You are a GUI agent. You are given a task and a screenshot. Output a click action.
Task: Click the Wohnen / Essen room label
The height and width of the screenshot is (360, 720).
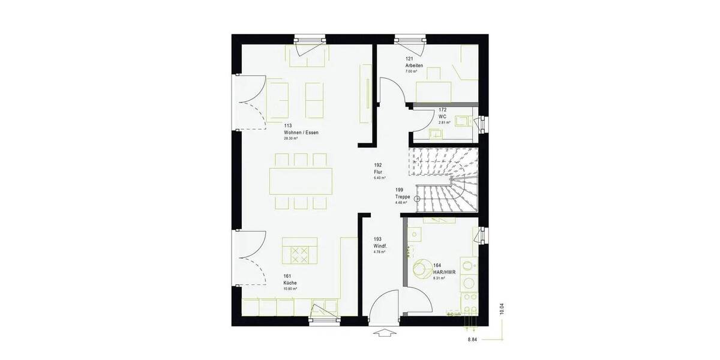click(301, 133)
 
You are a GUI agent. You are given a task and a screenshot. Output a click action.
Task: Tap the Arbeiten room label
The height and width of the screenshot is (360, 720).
click(414, 65)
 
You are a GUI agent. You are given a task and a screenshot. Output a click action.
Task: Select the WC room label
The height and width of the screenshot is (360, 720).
click(442, 116)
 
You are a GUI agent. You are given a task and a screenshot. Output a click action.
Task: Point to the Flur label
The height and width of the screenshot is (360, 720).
click(378, 172)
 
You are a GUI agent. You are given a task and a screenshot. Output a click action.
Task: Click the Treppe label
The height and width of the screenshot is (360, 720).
click(402, 197)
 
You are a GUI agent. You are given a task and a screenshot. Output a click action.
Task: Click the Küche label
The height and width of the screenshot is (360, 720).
click(290, 283)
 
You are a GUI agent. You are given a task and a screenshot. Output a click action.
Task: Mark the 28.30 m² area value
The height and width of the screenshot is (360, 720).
click(291, 139)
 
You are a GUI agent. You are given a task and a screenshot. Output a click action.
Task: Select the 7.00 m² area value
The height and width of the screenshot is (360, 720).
click(411, 71)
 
